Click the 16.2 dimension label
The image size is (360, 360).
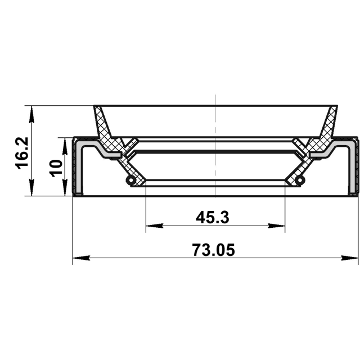pyautogui.click(x=22, y=153)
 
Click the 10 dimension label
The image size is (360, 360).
pyautogui.click(x=56, y=168)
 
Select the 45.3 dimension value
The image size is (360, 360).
pyautogui.click(x=213, y=218)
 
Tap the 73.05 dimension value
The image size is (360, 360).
pyautogui.click(x=214, y=250)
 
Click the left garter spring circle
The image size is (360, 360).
pyautogui.click(x=131, y=180)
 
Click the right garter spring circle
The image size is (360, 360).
pyautogui.click(x=300, y=180)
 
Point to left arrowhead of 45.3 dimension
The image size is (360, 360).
pyautogui.click(x=154, y=226)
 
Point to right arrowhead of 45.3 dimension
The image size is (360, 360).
pyautogui.click(x=276, y=226)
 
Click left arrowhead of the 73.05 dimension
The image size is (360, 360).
pyautogui.click(x=81, y=258)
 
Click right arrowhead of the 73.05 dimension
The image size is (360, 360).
pyautogui.click(x=350, y=258)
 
